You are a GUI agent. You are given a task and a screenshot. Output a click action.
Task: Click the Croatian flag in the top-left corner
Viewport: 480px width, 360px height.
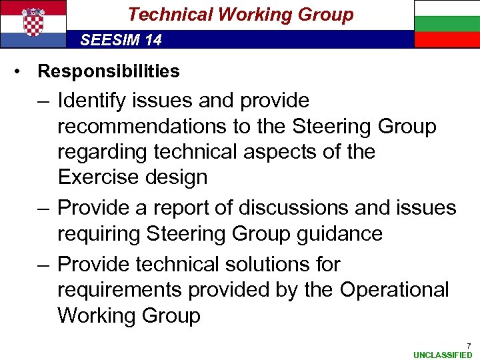(x=33, y=23)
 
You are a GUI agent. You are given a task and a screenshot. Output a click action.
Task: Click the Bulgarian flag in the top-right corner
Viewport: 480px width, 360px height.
(x=447, y=23)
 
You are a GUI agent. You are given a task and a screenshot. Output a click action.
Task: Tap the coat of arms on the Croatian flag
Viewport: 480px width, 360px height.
(x=33, y=22)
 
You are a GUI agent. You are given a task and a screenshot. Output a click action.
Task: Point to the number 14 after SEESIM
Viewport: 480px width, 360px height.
(x=153, y=40)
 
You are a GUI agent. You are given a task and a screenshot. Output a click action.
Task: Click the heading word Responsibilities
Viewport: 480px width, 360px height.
(x=109, y=71)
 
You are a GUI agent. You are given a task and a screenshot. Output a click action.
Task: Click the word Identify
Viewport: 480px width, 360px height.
(x=90, y=101)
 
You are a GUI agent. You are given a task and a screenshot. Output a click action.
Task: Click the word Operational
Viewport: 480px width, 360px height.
(x=395, y=290)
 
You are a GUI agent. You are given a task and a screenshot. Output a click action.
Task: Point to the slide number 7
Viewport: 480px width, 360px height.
(x=468, y=345)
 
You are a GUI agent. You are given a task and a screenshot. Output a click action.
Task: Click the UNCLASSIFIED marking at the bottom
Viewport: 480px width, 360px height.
(x=443, y=355)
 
